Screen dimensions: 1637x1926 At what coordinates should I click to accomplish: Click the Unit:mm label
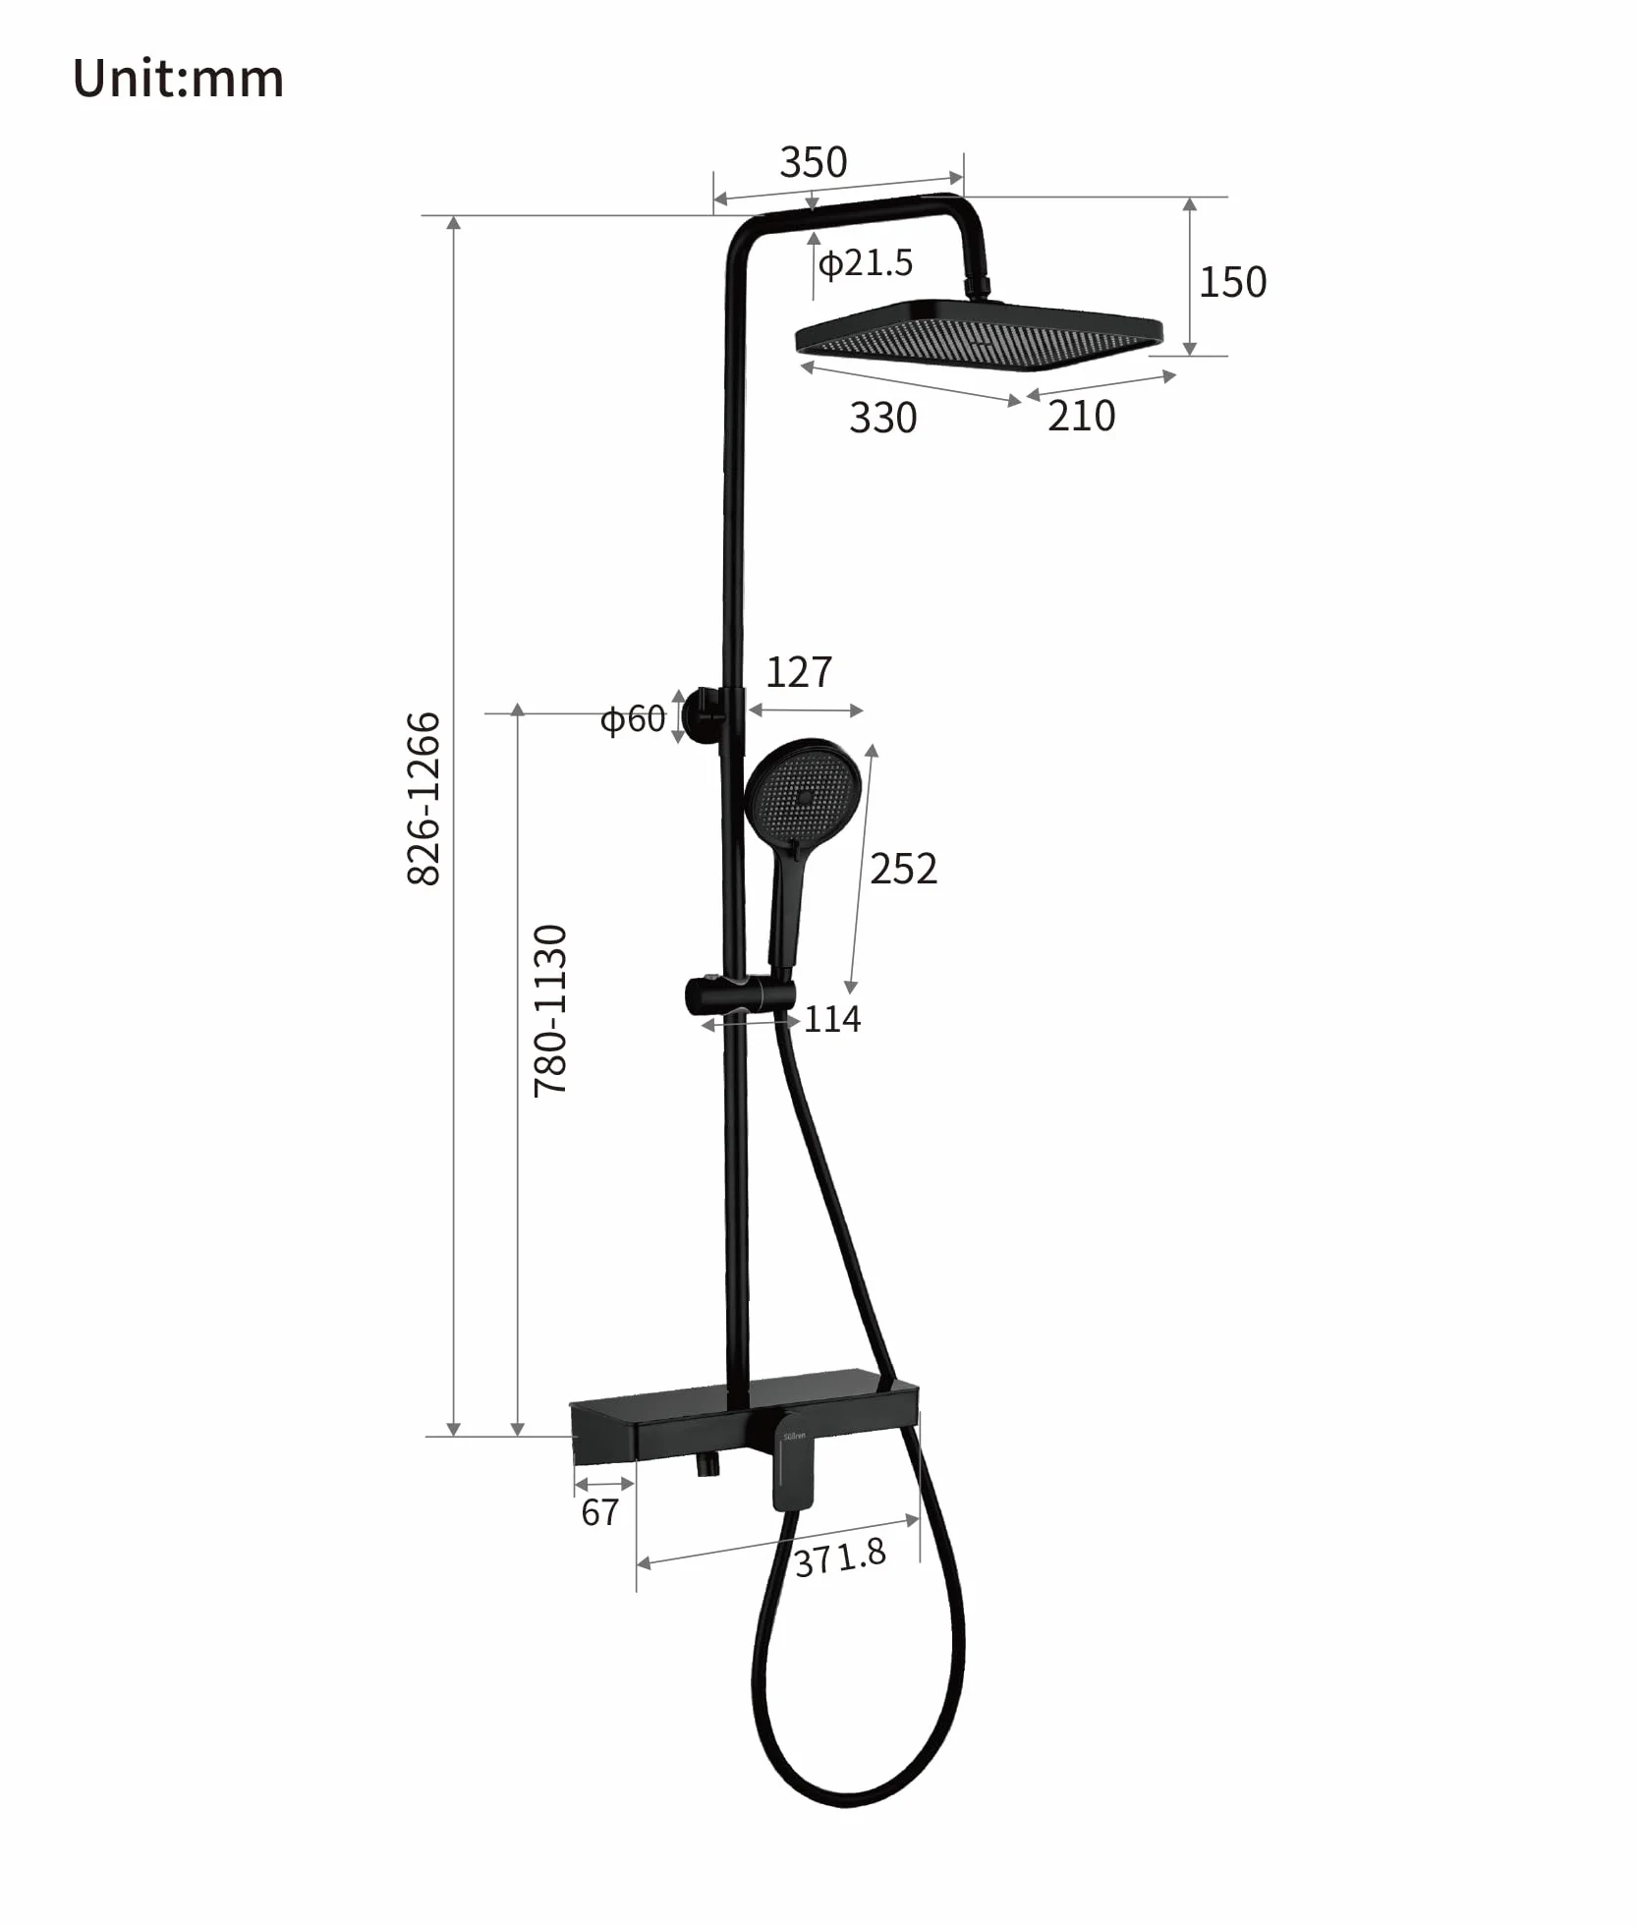[178, 79]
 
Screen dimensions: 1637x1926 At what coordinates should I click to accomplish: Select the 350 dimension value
[813, 162]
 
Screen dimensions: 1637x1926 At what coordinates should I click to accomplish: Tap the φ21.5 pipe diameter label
[866, 263]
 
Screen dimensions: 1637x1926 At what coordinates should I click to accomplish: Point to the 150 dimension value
[1232, 282]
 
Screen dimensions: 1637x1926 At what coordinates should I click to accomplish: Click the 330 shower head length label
[882, 418]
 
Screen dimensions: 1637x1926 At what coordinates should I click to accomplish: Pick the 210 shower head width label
[1081, 416]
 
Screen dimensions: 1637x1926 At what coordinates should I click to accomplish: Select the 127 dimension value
[799, 672]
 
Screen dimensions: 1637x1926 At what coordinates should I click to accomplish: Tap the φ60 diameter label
[633, 719]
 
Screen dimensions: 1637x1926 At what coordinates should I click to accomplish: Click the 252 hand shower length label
[903, 869]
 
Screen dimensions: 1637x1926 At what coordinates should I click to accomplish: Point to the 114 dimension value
[832, 1019]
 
